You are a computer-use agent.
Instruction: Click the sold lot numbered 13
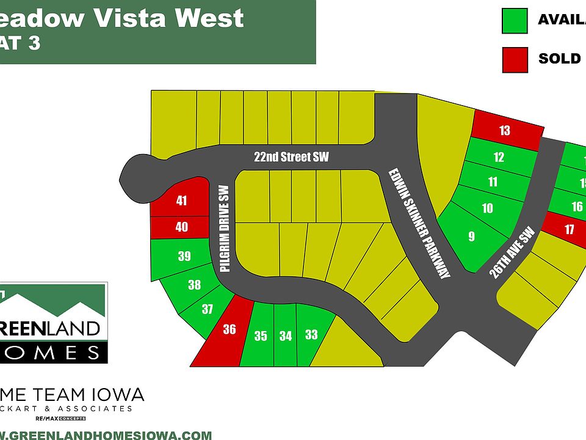pyautogui.click(x=505, y=130)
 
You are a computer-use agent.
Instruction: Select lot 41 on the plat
pyautogui.click(x=181, y=200)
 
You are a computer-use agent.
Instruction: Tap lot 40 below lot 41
pyautogui.click(x=181, y=227)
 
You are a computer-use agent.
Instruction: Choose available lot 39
pyautogui.click(x=184, y=257)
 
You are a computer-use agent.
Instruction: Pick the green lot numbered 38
pyautogui.click(x=194, y=285)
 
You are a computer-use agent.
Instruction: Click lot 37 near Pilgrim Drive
pyautogui.click(x=208, y=309)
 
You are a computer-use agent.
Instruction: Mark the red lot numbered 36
pyautogui.click(x=229, y=330)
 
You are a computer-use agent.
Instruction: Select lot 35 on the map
pyautogui.click(x=261, y=335)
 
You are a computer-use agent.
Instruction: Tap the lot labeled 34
pyautogui.click(x=285, y=335)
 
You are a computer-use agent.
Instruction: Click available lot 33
pyautogui.click(x=311, y=334)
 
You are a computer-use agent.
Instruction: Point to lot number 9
pyautogui.click(x=471, y=237)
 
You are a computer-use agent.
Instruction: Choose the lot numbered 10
pyautogui.click(x=487, y=208)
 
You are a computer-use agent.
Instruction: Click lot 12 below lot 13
pyautogui.click(x=499, y=157)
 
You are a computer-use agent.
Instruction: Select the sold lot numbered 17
pyautogui.click(x=570, y=230)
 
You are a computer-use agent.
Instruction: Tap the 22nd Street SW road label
pyautogui.click(x=291, y=157)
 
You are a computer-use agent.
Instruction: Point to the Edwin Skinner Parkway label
pyautogui.click(x=419, y=224)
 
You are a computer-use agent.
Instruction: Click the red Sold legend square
pyautogui.click(x=515, y=59)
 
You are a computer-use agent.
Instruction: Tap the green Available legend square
pyautogui.click(x=515, y=20)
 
